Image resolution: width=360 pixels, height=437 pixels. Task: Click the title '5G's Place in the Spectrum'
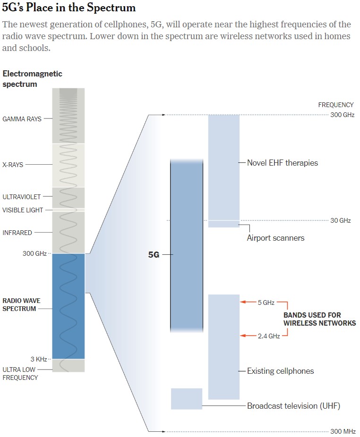click(69, 7)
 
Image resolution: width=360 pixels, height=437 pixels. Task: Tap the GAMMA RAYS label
click(22, 119)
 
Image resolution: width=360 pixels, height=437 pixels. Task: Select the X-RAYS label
click(13, 165)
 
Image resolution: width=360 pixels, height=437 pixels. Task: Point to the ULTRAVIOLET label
click(21, 197)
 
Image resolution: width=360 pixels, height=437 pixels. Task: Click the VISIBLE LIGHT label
click(23, 210)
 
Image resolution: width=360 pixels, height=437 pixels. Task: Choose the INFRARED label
click(17, 233)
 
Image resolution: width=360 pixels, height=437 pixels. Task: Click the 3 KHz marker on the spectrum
click(39, 359)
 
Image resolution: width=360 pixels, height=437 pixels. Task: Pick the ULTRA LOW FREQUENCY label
click(20, 373)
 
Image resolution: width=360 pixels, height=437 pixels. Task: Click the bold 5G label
click(154, 255)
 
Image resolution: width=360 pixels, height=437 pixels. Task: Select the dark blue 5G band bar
click(187, 245)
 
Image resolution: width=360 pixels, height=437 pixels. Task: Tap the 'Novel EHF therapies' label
click(283, 163)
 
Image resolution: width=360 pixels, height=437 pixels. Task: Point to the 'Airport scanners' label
click(275, 238)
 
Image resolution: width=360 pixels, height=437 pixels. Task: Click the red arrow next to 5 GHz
click(248, 302)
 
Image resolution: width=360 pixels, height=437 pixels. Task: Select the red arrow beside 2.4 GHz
click(248, 336)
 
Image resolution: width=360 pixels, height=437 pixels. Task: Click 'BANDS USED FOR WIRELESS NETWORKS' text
click(319, 319)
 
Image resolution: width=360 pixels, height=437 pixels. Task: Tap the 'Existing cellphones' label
click(281, 371)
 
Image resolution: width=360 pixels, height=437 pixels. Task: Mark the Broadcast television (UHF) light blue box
click(187, 399)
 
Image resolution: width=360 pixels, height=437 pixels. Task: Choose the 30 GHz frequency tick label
click(341, 220)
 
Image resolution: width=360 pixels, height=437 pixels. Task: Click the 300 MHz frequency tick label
click(343, 431)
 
